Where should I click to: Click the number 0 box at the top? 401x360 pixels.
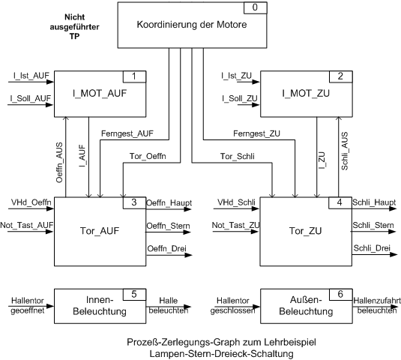tap(256, 7)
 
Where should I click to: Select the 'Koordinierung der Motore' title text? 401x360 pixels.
tap(192, 25)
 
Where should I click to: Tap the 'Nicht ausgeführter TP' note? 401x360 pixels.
tap(74, 26)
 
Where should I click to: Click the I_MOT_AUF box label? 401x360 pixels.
tap(100, 94)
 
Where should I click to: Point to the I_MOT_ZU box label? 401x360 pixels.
tap(306, 94)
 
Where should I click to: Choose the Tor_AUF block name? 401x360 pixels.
tap(100, 231)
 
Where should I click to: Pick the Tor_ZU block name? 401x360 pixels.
tap(305, 231)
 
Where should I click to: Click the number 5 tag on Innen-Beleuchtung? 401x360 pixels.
tap(134, 295)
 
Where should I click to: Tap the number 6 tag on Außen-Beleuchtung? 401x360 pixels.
tap(340, 295)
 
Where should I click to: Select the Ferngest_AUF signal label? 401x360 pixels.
tap(127, 133)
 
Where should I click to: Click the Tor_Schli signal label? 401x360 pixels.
tap(238, 156)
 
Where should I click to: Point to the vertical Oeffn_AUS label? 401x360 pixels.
tap(59, 163)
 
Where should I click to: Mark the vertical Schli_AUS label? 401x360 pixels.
tap(345, 151)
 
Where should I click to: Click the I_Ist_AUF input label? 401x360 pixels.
tap(31, 76)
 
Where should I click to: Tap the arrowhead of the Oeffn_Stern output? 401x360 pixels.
tap(187, 232)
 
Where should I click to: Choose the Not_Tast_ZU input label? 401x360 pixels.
tap(235, 225)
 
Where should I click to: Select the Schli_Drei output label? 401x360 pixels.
tap(372, 248)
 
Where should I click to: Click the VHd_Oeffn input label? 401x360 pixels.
tap(31, 202)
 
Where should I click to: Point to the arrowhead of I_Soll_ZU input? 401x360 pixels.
tap(256, 105)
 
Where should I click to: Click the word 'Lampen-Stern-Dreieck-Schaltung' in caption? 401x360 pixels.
tap(221, 354)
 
